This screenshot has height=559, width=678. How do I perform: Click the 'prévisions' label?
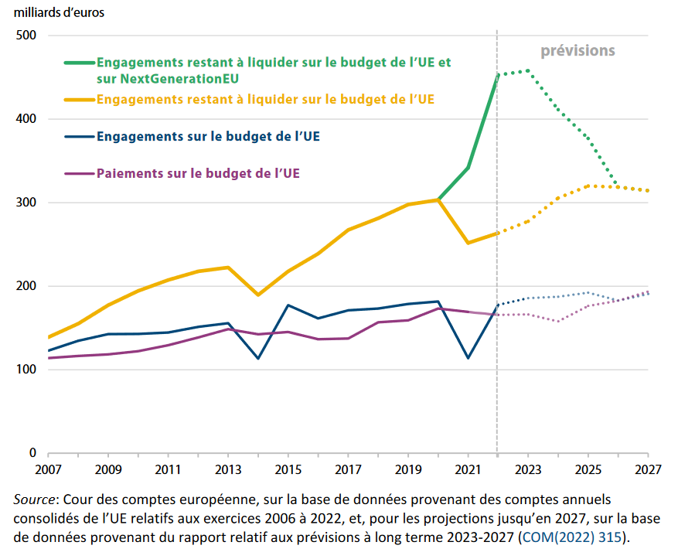[577, 51]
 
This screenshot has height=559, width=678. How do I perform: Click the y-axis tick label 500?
[27, 36]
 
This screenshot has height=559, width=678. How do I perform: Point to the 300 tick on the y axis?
[27, 203]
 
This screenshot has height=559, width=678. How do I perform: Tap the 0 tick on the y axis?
[32, 453]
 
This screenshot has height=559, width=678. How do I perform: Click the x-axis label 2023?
[528, 469]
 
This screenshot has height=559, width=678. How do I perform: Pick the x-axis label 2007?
[49, 469]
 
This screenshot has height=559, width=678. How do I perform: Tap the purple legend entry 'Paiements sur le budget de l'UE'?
[198, 173]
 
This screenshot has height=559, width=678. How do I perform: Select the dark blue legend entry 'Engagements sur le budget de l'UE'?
[208, 137]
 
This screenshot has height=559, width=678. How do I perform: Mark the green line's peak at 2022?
[497, 75]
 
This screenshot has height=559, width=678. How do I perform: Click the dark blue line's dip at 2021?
[468, 358]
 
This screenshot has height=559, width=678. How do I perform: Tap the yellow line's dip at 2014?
[257, 295]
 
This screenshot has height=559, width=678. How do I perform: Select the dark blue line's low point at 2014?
[257, 358]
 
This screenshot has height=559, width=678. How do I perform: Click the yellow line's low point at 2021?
[468, 243]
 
